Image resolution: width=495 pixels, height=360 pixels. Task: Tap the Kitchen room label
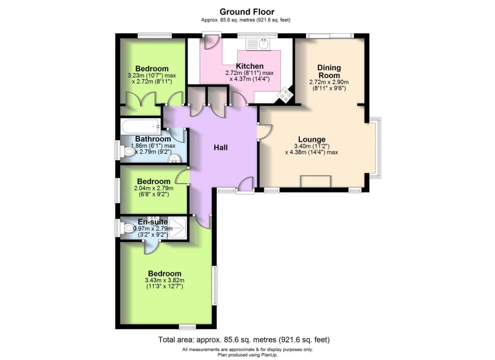point(249,66)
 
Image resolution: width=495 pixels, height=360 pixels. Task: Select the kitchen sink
point(264,44)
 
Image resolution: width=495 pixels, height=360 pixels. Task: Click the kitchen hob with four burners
point(285,95)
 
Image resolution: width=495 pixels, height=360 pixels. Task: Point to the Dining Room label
point(329,71)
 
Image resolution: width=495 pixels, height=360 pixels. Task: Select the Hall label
point(221,147)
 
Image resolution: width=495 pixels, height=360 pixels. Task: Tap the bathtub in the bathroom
point(141,128)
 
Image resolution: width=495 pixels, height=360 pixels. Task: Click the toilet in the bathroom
point(129,152)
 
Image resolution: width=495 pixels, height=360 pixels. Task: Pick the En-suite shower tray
point(177,227)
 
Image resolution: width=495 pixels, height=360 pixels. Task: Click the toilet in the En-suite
point(129,228)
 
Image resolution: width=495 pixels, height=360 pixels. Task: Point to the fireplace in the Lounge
point(315,181)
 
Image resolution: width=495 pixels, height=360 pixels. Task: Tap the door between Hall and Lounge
point(264,132)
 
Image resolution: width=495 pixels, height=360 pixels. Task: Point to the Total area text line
point(244,340)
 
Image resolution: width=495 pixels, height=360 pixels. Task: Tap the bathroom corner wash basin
point(175,158)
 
